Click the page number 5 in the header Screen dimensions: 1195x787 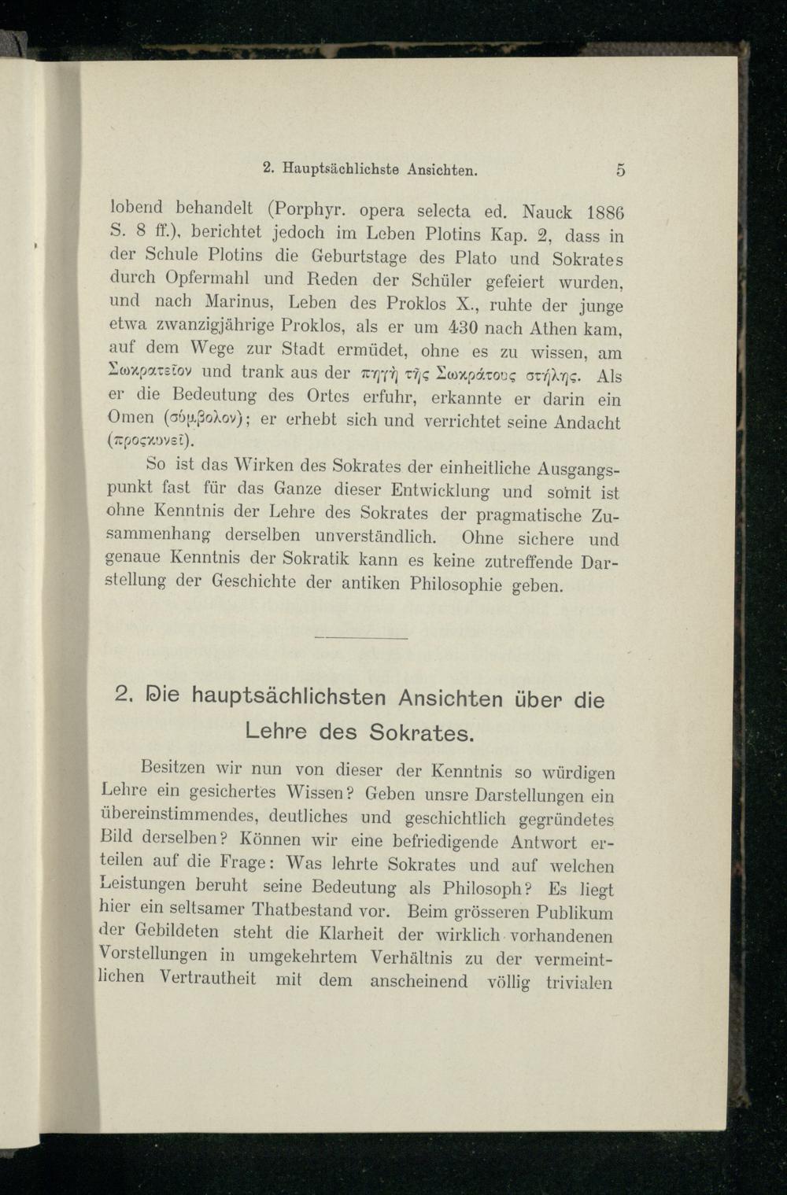(x=621, y=168)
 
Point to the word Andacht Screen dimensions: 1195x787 (x=586, y=422)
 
